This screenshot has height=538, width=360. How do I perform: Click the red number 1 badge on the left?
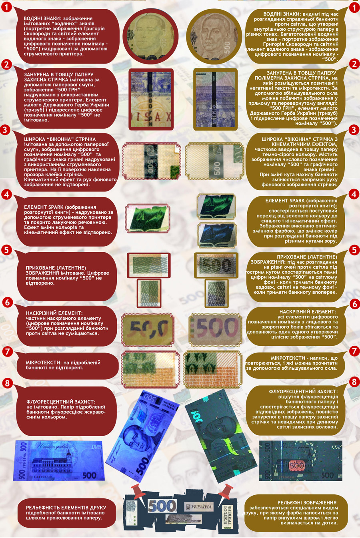6,7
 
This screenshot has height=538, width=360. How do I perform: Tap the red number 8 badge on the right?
354,382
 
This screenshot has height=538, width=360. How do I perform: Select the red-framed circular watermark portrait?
151,36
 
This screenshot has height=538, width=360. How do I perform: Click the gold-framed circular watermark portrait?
214,36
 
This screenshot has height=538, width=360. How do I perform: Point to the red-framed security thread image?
151,100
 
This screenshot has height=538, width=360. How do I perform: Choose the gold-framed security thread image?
215,100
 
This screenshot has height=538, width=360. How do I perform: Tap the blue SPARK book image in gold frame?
217,235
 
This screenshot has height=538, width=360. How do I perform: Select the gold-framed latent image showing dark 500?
216,265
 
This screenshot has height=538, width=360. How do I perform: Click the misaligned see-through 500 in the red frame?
148,330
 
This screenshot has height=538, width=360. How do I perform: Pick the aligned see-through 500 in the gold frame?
215,330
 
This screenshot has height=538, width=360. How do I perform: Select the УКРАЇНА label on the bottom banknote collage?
199,507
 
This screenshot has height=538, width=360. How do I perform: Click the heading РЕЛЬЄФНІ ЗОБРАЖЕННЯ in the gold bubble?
307,502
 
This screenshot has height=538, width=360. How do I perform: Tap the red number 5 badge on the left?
6,250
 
